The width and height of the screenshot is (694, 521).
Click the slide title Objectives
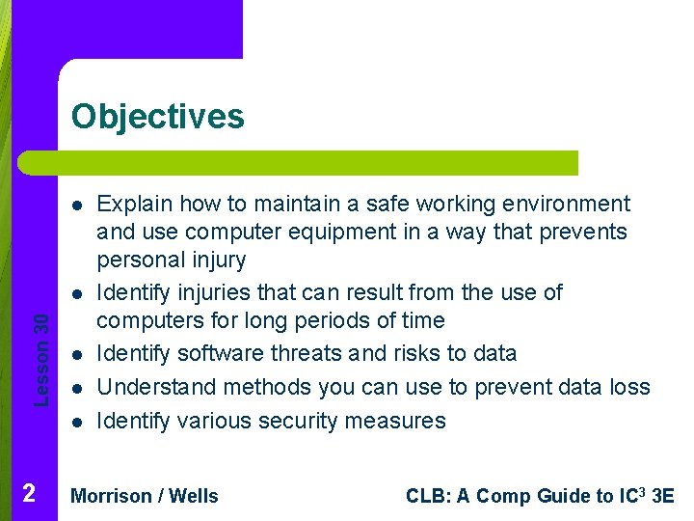[158, 117]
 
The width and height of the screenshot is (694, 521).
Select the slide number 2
[29, 494]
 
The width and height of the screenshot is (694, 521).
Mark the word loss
[630, 388]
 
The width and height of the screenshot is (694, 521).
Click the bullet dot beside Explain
[75, 205]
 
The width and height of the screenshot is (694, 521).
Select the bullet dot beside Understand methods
[75, 388]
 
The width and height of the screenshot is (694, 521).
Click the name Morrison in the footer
[112, 497]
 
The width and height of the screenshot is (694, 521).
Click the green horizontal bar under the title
[299, 163]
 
